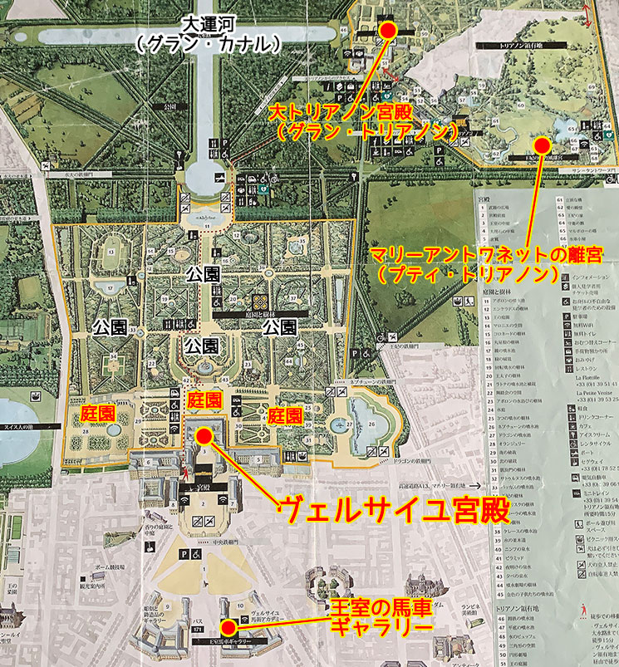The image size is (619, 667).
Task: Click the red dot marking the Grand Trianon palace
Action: tap(387, 29)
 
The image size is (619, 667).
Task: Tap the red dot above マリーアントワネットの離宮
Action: tap(542, 145)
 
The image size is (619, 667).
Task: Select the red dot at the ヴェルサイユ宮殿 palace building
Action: tap(204, 434)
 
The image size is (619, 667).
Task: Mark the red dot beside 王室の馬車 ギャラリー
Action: tap(227, 627)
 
